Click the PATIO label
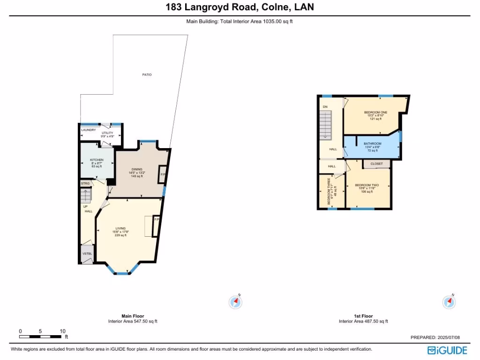147,75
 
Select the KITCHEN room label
97,160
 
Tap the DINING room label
136,169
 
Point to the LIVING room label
120,228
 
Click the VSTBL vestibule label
87,254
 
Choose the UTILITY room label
107,133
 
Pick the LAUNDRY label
89,130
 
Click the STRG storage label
85,183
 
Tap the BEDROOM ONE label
375,112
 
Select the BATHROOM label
373,143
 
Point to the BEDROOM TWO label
367,185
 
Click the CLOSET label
376,164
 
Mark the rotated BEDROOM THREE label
330,192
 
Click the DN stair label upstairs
325,106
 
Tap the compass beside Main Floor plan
235,302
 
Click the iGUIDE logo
447,350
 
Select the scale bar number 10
62,331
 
